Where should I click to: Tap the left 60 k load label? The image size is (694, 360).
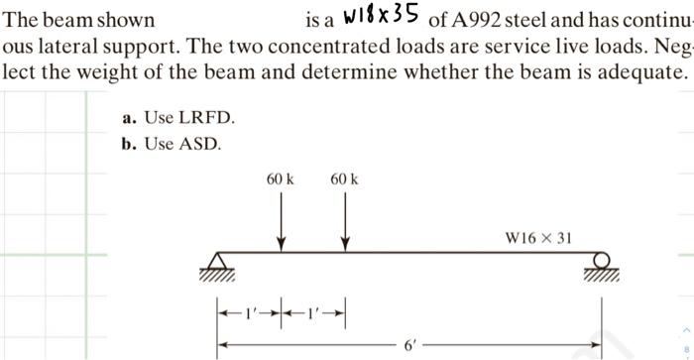coord(282,180)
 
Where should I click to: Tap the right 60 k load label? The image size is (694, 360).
coord(344,180)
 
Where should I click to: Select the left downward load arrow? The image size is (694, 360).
coord(283,218)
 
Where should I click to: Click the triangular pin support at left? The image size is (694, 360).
coord(220,263)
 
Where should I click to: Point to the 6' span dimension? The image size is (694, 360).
coord(409,345)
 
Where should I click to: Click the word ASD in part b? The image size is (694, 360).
coord(204,144)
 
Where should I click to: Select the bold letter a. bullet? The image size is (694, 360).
coord(129,118)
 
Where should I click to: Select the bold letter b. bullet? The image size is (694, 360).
coord(129,144)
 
